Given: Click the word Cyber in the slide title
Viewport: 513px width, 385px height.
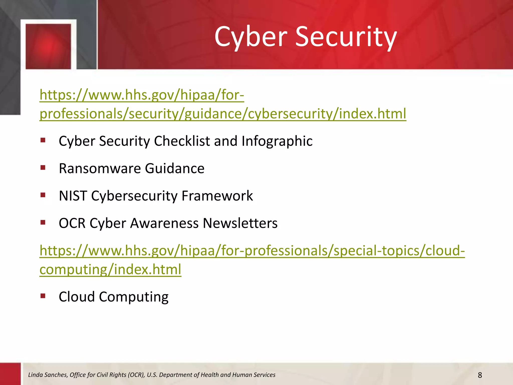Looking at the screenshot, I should click(250, 37).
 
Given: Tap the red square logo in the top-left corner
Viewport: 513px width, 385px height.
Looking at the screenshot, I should click(48, 46).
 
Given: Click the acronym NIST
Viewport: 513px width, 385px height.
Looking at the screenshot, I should click(73, 196).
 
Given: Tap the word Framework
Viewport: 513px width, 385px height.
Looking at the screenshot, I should click(217, 196).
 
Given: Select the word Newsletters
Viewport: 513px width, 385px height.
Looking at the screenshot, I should click(240, 223).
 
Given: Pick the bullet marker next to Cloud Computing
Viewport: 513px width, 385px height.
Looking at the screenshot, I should click(43, 296).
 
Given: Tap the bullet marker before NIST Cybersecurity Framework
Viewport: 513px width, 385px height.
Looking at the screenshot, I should click(43, 195).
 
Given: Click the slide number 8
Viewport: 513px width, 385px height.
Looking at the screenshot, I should click(480, 375).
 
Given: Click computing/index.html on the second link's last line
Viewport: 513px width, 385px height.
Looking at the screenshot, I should click(110, 269).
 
